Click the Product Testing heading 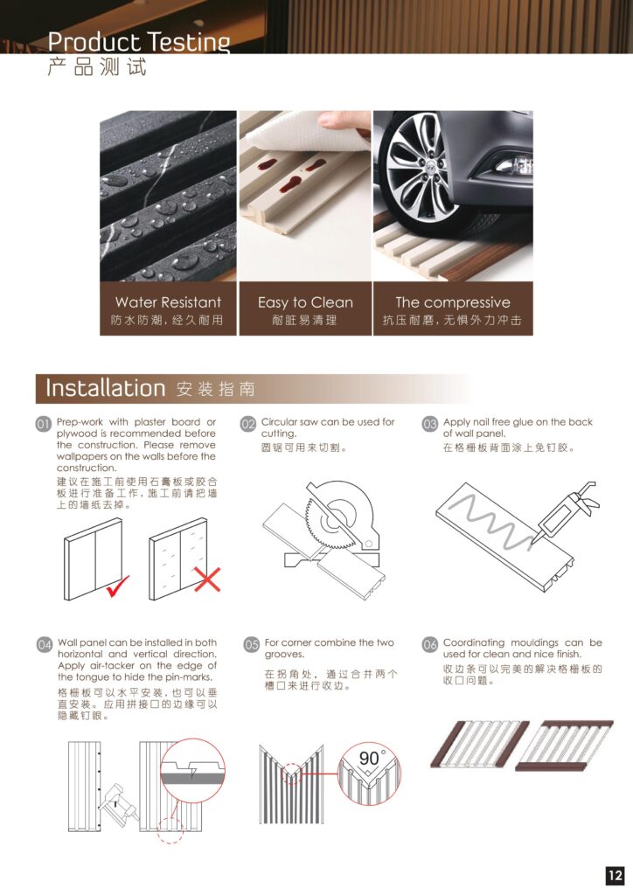click(x=139, y=42)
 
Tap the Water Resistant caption click(x=168, y=302)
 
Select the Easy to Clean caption click(x=305, y=302)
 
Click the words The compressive click(x=453, y=302)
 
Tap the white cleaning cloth click(x=309, y=134)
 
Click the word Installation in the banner click(x=105, y=388)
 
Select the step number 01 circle click(x=44, y=424)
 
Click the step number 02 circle click(x=247, y=424)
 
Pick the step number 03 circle click(x=430, y=424)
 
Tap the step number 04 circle click(x=45, y=644)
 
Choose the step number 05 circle click(x=252, y=644)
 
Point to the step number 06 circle click(x=430, y=644)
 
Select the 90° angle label click(x=372, y=758)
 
